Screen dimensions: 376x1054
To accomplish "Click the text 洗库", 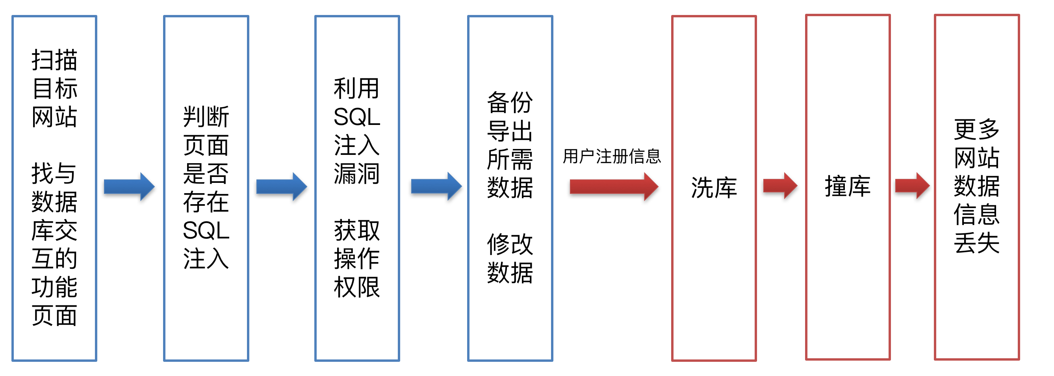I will click(x=714, y=188).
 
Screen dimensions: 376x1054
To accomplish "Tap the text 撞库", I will click(x=847, y=187).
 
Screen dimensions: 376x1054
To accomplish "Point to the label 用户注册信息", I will click(x=612, y=156).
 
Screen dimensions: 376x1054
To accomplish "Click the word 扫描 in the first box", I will click(x=54, y=60).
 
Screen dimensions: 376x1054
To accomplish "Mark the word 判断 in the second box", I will click(x=206, y=117).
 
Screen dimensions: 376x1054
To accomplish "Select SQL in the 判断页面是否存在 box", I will click(x=206, y=231).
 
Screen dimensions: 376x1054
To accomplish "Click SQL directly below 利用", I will click(x=357, y=117).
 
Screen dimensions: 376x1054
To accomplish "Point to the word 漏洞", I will click(x=357, y=174).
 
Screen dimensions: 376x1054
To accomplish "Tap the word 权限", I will click(x=357, y=287).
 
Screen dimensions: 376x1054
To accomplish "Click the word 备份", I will click(x=510, y=102).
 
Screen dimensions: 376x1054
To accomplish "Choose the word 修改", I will click(x=510, y=244).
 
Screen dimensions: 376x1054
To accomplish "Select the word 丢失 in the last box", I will click(x=977, y=243).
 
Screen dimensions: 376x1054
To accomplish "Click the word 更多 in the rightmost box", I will click(x=977, y=129).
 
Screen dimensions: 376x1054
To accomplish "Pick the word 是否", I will click(x=206, y=174).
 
